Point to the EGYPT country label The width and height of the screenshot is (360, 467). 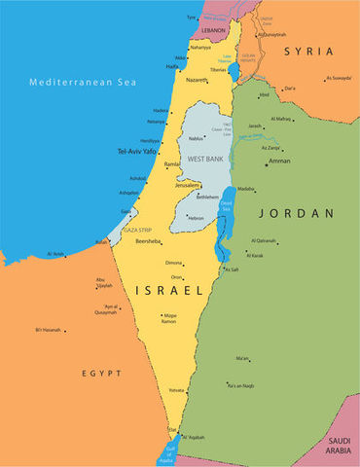point(101,374)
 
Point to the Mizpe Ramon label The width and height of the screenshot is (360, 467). point(170,317)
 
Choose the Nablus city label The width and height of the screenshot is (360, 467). point(197,138)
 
